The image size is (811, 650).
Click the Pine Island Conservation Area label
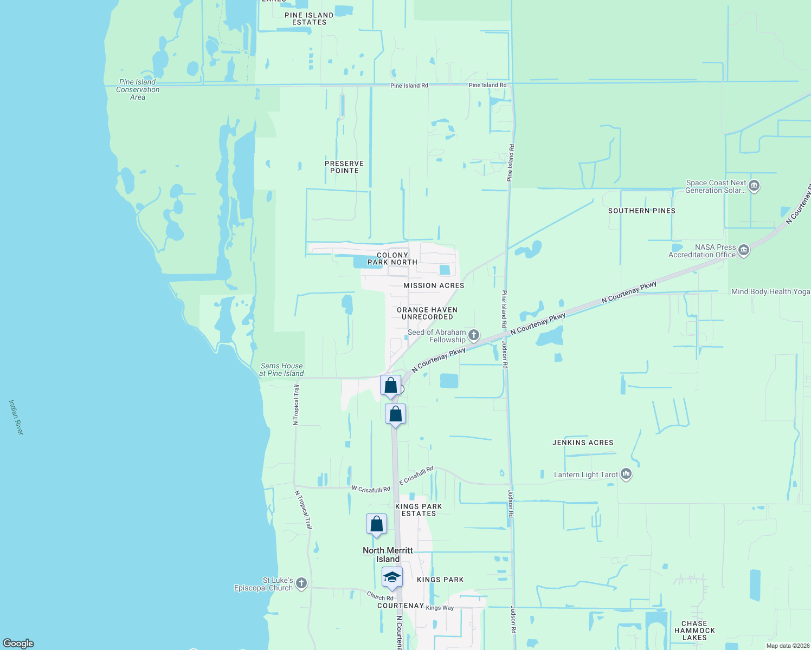tap(138, 90)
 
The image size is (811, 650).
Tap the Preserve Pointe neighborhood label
tap(344, 167)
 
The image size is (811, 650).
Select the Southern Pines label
tap(642, 211)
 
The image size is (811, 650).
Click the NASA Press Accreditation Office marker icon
tap(744, 250)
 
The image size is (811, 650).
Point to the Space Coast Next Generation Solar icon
tap(754, 186)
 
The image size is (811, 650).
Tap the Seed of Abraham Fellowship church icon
tap(474, 335)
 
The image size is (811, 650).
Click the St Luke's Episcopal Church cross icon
tap(302, 583)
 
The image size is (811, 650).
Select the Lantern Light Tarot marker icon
tap(626, 474)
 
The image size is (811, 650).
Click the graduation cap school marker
tap(392, 578)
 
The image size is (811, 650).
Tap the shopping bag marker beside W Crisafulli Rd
tap(376, 524)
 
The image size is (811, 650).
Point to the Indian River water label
tap(16, 417)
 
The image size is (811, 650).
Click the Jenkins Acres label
tap(583, 443)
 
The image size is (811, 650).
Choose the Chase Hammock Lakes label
tap(694, 630)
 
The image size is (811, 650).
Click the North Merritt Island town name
tap(388, 555)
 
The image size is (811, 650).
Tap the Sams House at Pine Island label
tap(281, 369)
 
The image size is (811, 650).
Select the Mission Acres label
tap(434, 285)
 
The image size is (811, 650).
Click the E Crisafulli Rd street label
tap(416, 476)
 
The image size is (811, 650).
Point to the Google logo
tap(18, 643)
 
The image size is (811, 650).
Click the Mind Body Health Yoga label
tap(770, 291)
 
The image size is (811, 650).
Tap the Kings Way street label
tap(440, 608)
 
